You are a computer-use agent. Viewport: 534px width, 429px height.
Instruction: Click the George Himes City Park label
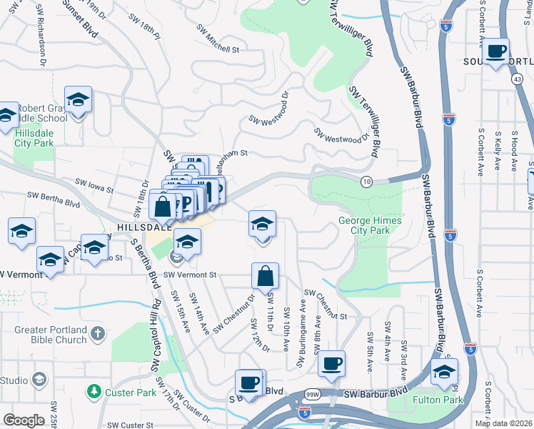pyautogui.click(x=370, y=225)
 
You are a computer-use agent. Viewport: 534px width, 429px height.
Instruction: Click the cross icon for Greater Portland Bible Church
pyautogui.click(x=98, y=334)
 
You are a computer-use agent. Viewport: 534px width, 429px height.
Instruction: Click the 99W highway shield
pyautogui.click(x=313, y=394)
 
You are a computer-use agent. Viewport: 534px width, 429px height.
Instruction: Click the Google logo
pyautogui.click(x=24, y=420)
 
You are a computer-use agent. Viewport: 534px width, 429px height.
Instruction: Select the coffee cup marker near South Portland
pyautogui.click(x=496, y=51)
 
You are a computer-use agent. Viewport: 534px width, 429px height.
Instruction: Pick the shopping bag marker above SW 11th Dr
pyautogui.click(x=265, y=276)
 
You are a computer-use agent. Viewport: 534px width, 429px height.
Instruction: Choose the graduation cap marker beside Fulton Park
pyautogui.click(x=444, y=372)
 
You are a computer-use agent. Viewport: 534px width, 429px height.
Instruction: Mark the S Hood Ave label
pyautogui.click(x=514, y=152)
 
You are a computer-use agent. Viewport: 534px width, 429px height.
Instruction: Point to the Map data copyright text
pyautogui.click(x=503, y=423)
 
